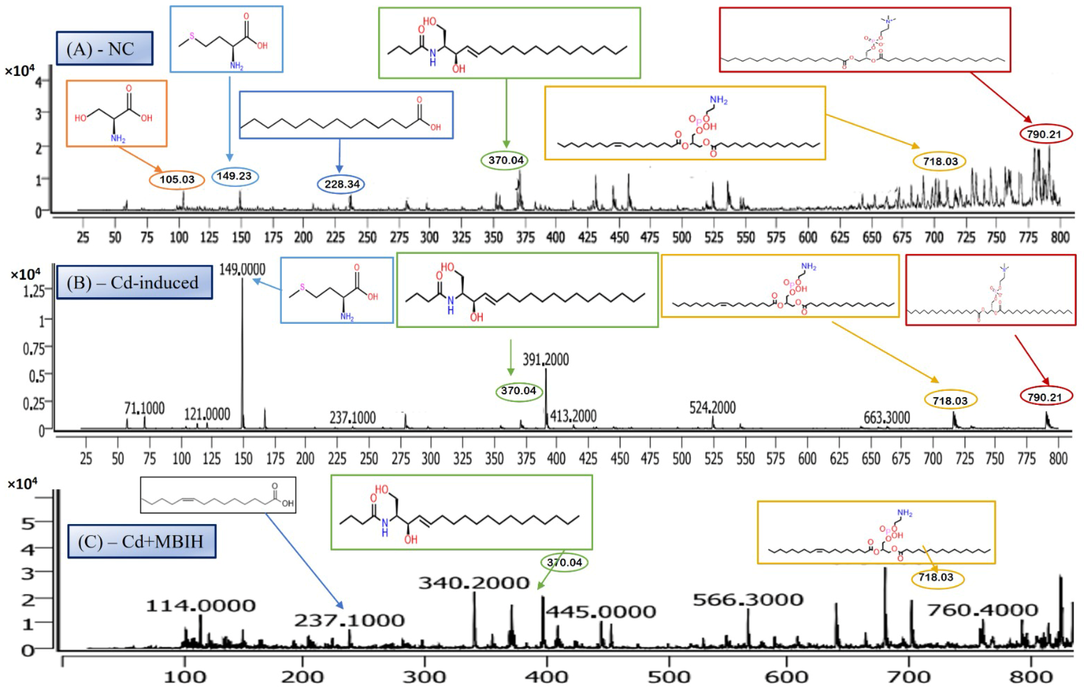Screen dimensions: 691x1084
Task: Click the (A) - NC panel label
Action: pyautogui.click(x=104, y=48)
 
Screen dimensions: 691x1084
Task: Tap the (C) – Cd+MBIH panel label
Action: pyautogui.click(x=141, y=541)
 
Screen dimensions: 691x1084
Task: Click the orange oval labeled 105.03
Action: pyautogui.click(x=177, y=180)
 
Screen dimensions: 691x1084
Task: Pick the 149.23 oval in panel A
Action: pyautogui.click(x=235, y=176)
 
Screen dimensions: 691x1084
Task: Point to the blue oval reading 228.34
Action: pyautogui.click(x=342, y=184)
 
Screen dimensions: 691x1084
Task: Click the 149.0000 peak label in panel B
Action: pyautogui.click(x=242, y=269)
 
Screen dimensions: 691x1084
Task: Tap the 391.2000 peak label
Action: pyautogui.click(x=546, y=359)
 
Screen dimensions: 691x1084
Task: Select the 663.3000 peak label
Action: pyautogui.click(x=887, y=418)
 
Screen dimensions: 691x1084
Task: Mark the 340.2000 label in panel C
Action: pyautogui.click(x=474, y=583)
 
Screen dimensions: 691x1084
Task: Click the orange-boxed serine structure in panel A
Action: pyautogui.click(x=117, y=113)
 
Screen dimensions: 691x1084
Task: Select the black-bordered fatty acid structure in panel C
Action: pyautogui.click(x=218, y=495)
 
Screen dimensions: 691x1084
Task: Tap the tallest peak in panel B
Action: pyautogui.click(x=243, y=351)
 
